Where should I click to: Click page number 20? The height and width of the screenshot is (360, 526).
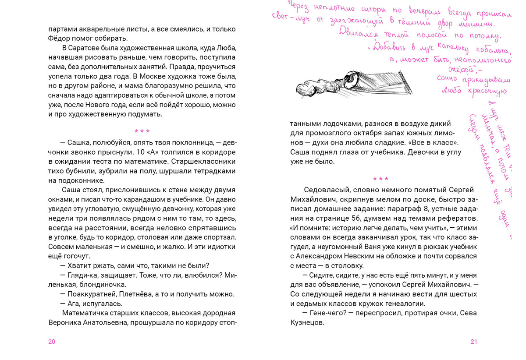tap(52, 342)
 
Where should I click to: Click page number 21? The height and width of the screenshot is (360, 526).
tap(473, 342)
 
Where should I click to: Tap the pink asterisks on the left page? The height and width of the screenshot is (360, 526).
tap(142, 131)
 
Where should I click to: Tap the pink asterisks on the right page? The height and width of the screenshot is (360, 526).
tap(380, 179)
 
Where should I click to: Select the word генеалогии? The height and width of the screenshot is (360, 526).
tap(404, 304)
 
